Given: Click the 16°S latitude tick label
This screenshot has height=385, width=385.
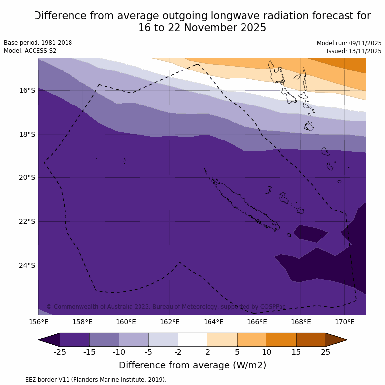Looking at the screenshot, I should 27,90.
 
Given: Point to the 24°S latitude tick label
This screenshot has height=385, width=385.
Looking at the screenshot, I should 27,265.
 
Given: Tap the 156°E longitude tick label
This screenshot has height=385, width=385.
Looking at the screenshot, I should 38,322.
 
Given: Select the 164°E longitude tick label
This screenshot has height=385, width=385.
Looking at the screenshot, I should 213,322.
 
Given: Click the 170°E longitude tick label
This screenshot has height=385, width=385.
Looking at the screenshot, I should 345,322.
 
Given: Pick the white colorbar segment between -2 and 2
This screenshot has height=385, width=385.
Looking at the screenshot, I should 193,340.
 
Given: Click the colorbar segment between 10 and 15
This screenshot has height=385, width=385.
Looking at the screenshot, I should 281,340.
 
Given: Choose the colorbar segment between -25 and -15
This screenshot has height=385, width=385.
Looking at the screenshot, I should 74,340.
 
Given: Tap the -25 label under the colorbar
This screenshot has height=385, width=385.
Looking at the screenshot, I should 60,352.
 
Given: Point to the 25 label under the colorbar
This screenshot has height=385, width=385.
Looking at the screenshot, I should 326,352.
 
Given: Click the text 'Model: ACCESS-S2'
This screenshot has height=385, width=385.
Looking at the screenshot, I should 30,51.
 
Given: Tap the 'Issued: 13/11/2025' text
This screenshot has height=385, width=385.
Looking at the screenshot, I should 354,51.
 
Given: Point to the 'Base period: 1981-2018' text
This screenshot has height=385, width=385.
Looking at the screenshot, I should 38,43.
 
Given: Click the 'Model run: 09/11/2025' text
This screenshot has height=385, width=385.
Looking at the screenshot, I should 349,43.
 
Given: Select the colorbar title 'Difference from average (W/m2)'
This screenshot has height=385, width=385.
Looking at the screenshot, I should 192,365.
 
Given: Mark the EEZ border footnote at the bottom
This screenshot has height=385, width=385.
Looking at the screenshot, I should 85,380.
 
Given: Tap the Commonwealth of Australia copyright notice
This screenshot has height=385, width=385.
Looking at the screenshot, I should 166,307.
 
